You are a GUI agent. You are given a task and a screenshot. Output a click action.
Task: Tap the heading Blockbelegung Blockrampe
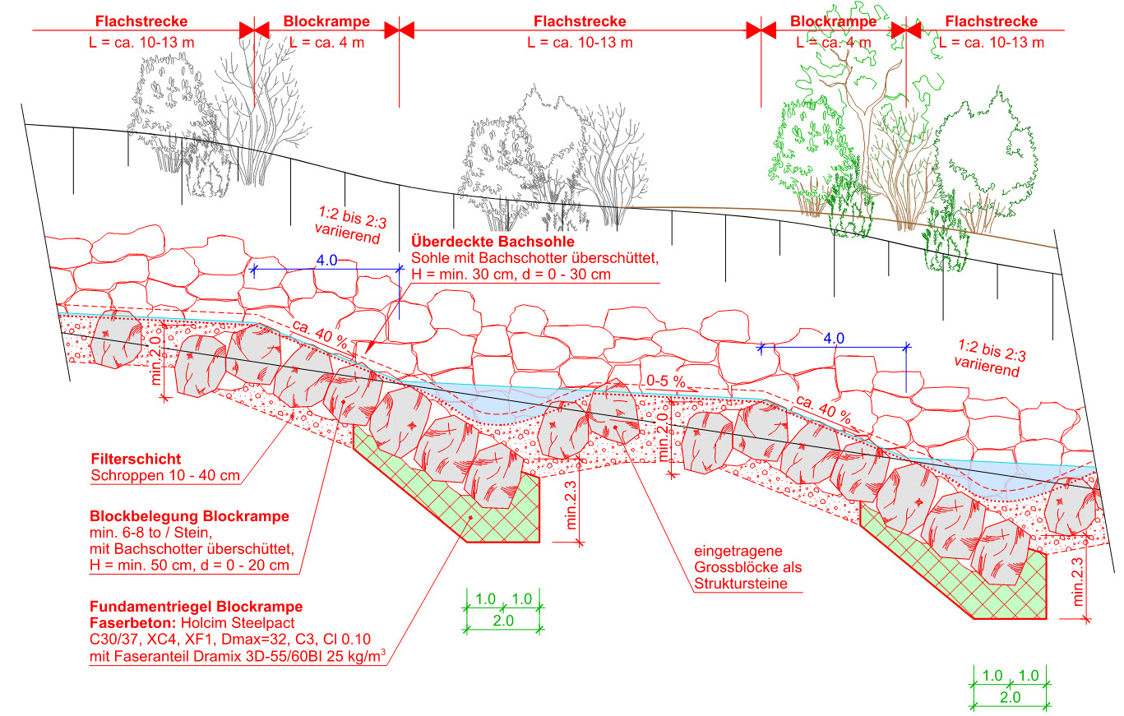click(x=189, y=517)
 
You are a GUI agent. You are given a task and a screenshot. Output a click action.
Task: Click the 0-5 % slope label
click(x=666, y=381)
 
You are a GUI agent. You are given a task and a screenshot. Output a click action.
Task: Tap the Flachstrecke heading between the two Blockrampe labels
click(x=579, y=21)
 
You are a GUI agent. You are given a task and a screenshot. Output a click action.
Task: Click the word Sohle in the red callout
click(x=429, y=258)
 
